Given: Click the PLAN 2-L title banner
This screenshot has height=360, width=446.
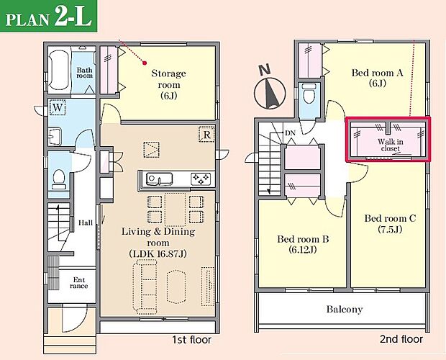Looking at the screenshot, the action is tap(49, 16).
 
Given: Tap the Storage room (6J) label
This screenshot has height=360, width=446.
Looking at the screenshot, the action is tap(168, 84).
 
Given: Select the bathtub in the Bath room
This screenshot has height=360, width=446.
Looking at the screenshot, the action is tap(59, 71).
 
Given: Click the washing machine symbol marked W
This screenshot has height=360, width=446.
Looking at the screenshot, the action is tap(58, 107).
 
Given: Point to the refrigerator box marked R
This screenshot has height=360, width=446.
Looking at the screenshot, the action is tap(206, 135).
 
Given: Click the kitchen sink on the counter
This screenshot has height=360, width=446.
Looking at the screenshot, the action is tap(159, 179).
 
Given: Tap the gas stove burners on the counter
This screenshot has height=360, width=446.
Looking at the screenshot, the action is tap(201, 179).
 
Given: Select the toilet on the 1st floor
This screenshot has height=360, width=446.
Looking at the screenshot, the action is tap(59, 179).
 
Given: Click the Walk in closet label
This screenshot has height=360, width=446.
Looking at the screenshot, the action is tap(390, 145).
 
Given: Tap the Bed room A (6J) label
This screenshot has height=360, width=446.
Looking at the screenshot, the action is tap(378, 78).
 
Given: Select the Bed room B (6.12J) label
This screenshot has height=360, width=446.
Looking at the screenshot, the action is tap(303, 244).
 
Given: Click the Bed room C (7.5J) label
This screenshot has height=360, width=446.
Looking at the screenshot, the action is tap(390, 224).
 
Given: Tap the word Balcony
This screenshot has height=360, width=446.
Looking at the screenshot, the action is tap(345, 309).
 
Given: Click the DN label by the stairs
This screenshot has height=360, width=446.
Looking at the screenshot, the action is tap(290, 133).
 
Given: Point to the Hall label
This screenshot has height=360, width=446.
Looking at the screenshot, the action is tap(86, 222).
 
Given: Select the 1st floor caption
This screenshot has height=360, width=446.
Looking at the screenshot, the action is tap(191, 340).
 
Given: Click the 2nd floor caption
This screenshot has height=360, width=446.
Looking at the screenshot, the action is tap(401, 339).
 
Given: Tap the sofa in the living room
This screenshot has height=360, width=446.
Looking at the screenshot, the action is tap(145, 287).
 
